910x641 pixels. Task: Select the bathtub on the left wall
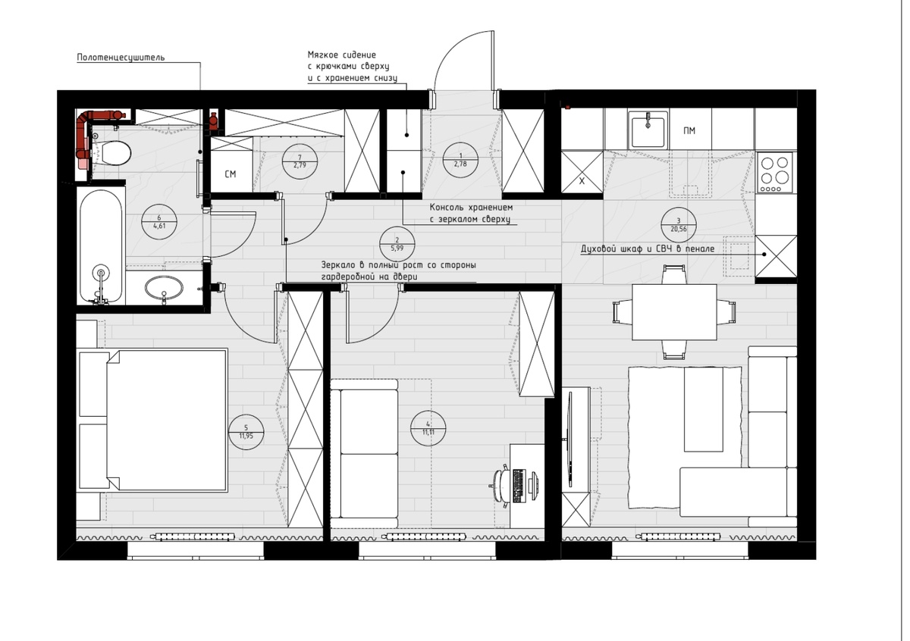101,246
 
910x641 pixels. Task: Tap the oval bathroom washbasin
164,288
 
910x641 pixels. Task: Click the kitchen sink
648,130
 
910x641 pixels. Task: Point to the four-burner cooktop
775,172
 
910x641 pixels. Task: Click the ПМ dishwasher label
689,131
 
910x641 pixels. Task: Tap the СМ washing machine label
231,174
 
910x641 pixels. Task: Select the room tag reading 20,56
679,225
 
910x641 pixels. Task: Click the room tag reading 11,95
246,432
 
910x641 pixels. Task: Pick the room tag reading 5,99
397,244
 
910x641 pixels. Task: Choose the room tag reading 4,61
159,222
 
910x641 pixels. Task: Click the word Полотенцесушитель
121,58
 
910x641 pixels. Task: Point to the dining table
674,311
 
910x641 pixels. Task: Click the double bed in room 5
153,421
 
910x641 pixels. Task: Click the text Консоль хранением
471,208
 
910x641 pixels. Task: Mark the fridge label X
582,181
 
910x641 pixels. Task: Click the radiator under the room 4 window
425,536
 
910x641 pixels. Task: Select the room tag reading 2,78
460,161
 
